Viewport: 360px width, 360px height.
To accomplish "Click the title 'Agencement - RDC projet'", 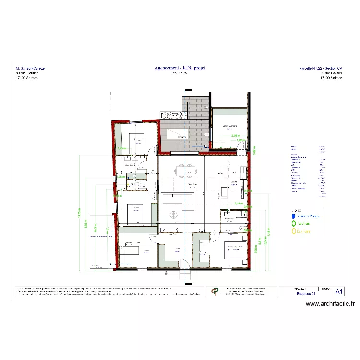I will point(180,68).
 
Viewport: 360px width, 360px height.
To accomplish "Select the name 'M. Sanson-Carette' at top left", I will point(30,69).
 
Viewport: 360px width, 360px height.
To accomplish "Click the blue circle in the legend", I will point(293,216).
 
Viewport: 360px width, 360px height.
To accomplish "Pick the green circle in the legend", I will point(293,223).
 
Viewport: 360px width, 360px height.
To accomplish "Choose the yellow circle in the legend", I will point(293,231).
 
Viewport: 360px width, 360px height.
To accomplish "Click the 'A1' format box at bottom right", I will point(339,291).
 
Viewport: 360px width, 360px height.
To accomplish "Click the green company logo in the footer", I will point(214,291).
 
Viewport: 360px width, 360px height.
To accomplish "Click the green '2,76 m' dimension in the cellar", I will point(235,136).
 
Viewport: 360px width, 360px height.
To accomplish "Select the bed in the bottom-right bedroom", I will point(235,250).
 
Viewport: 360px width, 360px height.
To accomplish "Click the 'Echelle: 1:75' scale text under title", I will point(180,73).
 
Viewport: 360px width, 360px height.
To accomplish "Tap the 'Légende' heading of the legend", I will point(298,209).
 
